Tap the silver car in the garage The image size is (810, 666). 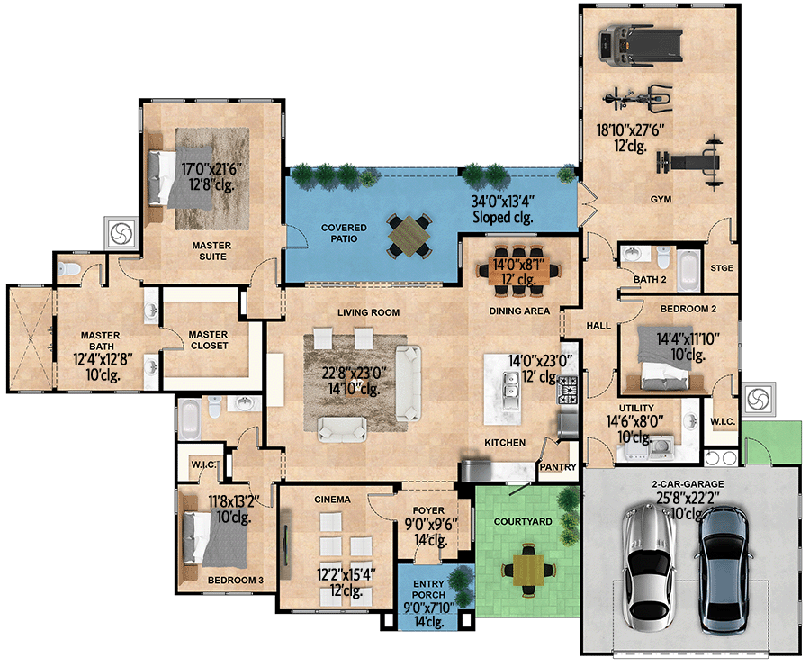coord(648,567)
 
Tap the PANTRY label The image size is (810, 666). coord(558,468)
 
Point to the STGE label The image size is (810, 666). coord(722,267)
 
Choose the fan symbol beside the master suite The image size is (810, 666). coord(121,233)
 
